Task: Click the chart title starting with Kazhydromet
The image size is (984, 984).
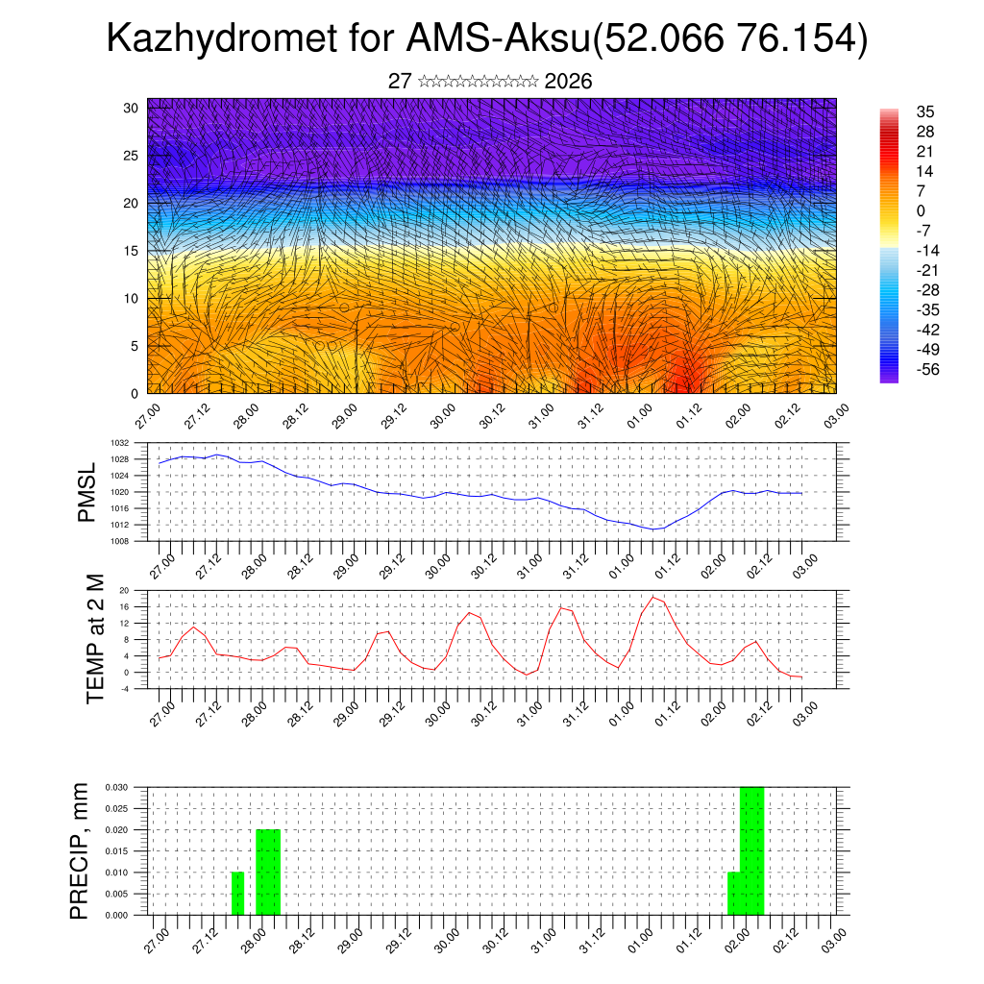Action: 487,38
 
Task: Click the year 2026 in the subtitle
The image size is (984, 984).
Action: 568,82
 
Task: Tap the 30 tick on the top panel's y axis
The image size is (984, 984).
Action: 130,108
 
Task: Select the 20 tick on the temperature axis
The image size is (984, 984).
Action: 125,590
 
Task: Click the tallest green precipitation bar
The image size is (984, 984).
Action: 751,850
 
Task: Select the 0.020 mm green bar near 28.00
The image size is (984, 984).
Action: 268,872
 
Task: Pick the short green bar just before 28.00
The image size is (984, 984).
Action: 237,894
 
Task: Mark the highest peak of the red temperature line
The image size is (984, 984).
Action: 653,597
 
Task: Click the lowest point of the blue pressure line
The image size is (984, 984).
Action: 653,529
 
